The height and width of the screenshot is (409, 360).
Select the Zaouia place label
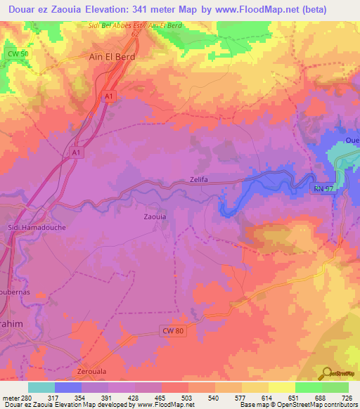tap(155, 217)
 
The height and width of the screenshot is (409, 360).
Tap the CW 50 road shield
tap(18, 53)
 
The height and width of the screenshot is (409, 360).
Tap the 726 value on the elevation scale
tap(347, 397)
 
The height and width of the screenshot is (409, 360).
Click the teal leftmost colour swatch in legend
tap(41, 387)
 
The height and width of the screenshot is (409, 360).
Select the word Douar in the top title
tap(21, 9)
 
